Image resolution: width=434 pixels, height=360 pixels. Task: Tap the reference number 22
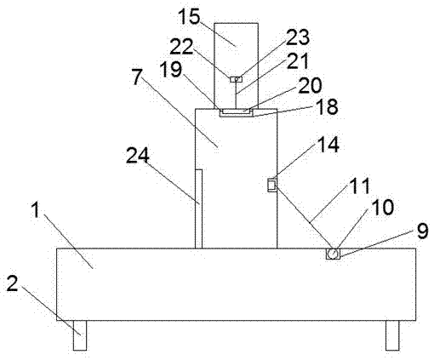pyautogui.click(x=181, y=46)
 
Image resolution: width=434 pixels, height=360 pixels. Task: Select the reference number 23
pyautogui.click(x=298, y=37)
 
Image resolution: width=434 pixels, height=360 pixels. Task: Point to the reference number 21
pyautogui.click(x=298, y=60)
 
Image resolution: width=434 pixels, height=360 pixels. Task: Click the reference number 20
pyautogui.click(x=310, y=85)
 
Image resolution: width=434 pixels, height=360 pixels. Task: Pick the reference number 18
pyautogui.click(x=327, y=106)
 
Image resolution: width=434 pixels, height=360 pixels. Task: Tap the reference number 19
pyautogui.click(x=171, y=69)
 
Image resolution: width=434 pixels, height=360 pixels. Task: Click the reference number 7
pyautogui.click(x=137, y=77)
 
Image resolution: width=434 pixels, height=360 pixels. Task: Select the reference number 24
pyautogui.click(x=138, y=155)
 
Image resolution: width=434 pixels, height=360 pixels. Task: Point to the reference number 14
pyautogui.click(x=328, y=145)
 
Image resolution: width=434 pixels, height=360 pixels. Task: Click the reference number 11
pyautogui.click(x=360, y=186)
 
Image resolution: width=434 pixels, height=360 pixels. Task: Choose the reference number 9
pyautogui.click(x=422, y=231)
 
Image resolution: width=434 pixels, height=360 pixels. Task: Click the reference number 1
pyautogui.click(x=36, y=210)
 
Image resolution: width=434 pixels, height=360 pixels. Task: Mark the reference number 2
pyautogui.click(x=12, y=283)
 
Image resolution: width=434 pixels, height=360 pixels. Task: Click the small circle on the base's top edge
pyautogui.click(x=333, y=253)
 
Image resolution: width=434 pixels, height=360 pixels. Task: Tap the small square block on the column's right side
pyautogui.click(x=272, y=185)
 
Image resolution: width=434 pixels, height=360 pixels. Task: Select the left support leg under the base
pyautogui.click(x=80, y=335)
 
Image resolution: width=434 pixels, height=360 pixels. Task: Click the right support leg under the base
pyautogui.click(x=392, y=335)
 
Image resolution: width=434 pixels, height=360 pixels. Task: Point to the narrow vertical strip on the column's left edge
pyautogui.click(x=198, y=209)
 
